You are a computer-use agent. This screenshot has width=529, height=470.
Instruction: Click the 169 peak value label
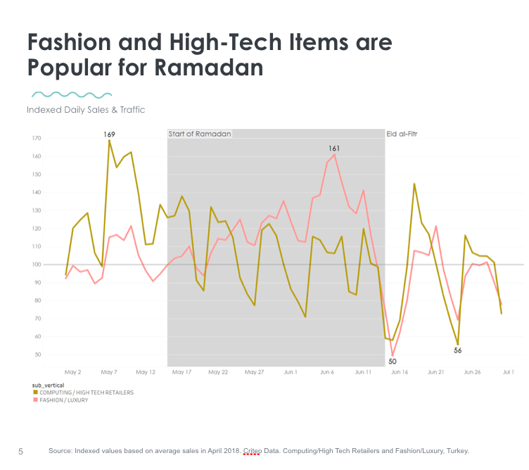[109, 134]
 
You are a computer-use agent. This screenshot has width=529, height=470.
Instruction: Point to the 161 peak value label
[334, 149]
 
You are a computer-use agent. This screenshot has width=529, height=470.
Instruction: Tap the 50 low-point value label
[393, 361]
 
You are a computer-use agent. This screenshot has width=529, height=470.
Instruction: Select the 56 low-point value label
[458, 350]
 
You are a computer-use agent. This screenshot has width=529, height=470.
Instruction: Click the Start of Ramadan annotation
[200, 134]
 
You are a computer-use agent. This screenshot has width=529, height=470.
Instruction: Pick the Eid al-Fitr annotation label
[402, 134]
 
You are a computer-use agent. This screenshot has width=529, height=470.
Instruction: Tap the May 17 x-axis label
[181, 371]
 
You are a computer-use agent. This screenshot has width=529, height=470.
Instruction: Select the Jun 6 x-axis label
[327, 371]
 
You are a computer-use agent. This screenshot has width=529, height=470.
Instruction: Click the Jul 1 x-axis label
[508, 371]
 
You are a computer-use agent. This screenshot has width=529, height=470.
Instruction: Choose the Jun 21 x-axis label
[436, 371]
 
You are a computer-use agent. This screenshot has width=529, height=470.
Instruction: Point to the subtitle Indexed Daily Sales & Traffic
[86, 110]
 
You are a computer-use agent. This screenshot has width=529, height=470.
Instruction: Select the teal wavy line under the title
[73, 94]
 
